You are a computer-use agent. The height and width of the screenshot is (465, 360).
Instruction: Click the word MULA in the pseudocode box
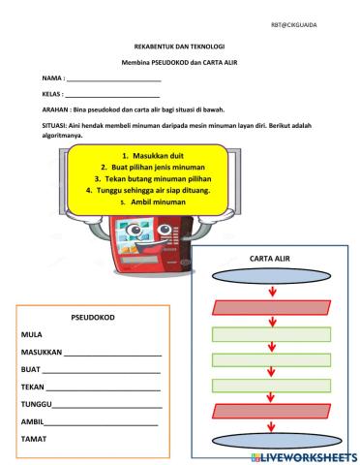[x=32, y=333]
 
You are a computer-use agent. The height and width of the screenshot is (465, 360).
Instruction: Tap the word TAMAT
[x=35, y=440]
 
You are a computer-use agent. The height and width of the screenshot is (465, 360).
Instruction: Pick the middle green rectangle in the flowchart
[x=270, y=361]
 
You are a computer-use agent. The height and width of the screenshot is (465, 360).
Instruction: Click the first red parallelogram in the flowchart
[x=270, y=308]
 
